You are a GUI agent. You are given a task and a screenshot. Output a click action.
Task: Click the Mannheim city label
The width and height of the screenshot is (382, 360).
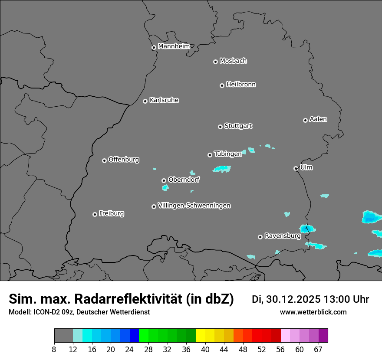pyautogui.click(x=174, y=46)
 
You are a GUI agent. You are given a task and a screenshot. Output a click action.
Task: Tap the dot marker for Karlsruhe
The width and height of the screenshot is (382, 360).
pyautogui.click(x=145, y=101)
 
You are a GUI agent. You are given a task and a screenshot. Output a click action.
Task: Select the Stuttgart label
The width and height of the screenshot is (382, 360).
pyautogui.click(x=238, y=126)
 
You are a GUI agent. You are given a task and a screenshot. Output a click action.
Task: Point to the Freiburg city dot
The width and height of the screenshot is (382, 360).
pyautogui.click(x=95, y=214)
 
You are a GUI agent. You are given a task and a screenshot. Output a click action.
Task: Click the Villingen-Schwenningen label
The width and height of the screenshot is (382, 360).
pyautogui.click(x=194, y=205)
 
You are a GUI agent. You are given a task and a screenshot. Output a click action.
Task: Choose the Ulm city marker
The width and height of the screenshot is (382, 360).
pyautogui.click(x=296, y=168)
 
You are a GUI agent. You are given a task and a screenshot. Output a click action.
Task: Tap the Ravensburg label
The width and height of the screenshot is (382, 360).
pyautogui.click(x=283, y=236)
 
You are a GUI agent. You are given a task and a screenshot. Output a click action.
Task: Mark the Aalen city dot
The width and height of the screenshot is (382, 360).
pyautogui.click(x=305, y=120)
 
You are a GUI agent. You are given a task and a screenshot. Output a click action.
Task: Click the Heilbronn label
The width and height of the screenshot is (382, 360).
pyautogui.click(x=241, y=84)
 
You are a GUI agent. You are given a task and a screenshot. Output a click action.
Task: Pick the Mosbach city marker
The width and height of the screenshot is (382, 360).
pyautogui.click(x=215, y=62)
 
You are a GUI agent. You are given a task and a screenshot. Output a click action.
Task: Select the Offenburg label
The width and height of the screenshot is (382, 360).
pyautogui.click(x=124, y=159)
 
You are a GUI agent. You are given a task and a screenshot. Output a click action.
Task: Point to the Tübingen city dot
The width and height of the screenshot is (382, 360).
pyautogui.click(x=210, y=155)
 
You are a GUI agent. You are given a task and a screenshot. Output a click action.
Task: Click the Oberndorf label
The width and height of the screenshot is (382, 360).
pyautogui.click(x=184, y=179)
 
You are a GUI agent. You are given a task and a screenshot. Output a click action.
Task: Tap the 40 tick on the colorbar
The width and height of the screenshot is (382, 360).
pyautogui.click(x=205, y=350)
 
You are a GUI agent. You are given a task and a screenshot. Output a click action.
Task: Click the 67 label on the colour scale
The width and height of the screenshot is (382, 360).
pyautogui.click(x=318, y=350)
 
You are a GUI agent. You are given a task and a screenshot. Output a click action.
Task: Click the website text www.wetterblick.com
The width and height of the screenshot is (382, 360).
pyautogui.click(x=313, y=312)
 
